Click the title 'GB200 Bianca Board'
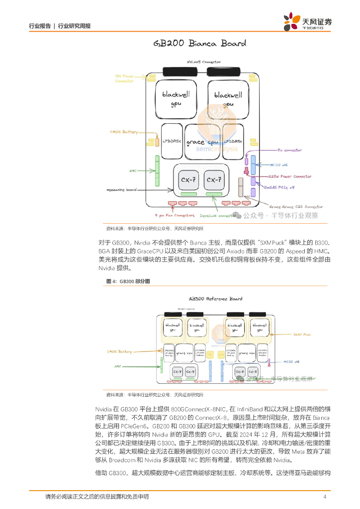click(x=200, y=43)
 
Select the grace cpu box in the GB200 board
click(x=202, y=142)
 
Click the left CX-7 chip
click(x=188, y=179)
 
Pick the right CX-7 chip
click(x=214, y=179)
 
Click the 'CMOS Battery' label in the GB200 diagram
click(x=124, y=132)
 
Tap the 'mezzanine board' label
click(x=121, y=190)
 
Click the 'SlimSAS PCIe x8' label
click(x=279, y=187)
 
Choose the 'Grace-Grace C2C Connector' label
click(x=295, y=206)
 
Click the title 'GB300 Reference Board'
click(x=215, y=299)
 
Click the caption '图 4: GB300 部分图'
click(x=128, y=281)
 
